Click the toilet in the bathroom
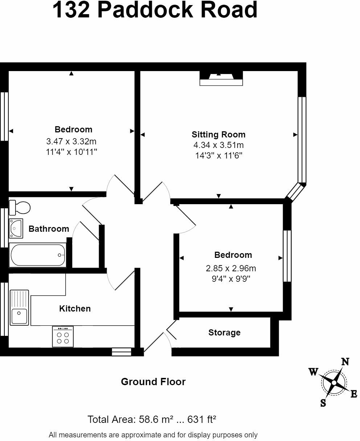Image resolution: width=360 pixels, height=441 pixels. (x=20, y=207)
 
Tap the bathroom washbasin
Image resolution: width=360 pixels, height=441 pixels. (x=16, y=228)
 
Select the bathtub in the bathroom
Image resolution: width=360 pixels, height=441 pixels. (x=38, y=255)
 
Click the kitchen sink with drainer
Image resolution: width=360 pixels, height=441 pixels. (x=19, y=307)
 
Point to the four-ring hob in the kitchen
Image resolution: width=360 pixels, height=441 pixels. (x=63, y=337)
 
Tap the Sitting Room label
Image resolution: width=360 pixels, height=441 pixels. (x=218, y=135)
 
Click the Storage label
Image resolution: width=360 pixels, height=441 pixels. (x=224, y=333)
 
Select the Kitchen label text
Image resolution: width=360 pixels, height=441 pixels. (x=75, y=309)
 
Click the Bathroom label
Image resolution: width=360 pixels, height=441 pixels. (x=49, y=229)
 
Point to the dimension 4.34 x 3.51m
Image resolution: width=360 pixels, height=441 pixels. (x=218, y=145)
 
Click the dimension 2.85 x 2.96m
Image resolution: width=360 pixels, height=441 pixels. (x=231, y=269)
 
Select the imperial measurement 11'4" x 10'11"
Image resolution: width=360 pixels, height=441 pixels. (x=71, y=152)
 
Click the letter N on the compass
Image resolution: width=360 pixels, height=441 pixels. (x=345, y=362)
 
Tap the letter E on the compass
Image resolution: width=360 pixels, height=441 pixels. (x=354, y=395)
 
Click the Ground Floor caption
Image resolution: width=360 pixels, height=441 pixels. (x=153, y=382)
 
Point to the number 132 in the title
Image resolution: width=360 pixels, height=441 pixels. (x=71, y=10)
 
